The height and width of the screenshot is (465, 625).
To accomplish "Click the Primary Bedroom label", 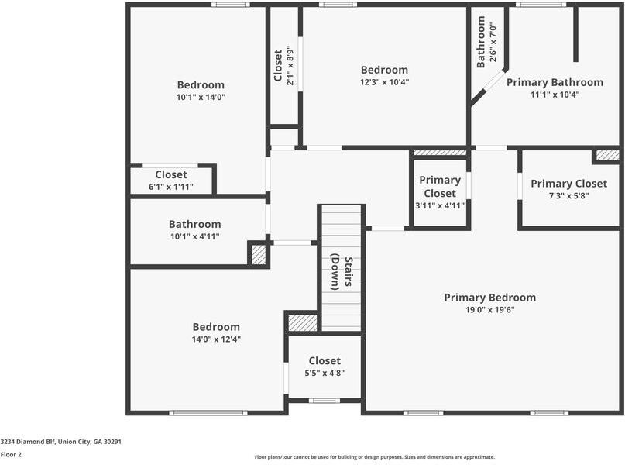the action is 490,298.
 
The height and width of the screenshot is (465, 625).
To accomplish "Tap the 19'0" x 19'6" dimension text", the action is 490,310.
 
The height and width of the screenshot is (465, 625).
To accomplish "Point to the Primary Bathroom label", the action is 555,83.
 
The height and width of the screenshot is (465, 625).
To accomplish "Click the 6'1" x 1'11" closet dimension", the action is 171,187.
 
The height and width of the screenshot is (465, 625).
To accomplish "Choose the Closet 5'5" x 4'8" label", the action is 325,367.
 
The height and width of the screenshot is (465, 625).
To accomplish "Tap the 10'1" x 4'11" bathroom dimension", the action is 195,236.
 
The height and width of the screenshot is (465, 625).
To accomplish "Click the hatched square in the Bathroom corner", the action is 259,254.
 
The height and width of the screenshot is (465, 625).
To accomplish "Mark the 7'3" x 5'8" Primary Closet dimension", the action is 568,196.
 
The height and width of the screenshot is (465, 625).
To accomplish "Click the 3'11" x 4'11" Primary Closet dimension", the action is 440,206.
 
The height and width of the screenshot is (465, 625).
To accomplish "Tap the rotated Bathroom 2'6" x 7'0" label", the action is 486,42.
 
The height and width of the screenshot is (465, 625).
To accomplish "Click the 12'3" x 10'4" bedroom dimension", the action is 384,82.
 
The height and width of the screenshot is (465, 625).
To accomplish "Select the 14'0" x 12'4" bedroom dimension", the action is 216,339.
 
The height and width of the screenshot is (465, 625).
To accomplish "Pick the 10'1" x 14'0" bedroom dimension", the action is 201,97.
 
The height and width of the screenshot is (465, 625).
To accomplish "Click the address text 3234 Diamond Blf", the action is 29,442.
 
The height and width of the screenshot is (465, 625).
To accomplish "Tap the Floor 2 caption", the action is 11,455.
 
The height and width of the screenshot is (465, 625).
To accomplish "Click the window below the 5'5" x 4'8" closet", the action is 325,401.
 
